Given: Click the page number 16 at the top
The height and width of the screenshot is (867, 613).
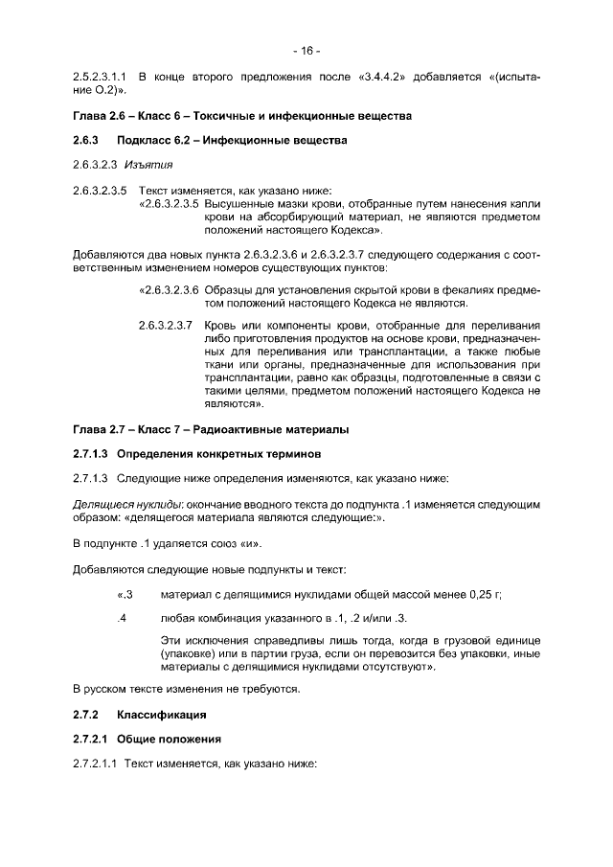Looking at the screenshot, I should point(307,50).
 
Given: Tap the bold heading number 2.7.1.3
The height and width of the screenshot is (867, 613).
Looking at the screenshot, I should point(92,452).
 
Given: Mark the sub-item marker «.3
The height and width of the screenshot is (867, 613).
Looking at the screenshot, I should point(123,595).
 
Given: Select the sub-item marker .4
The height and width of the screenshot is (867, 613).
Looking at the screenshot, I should point(123,618).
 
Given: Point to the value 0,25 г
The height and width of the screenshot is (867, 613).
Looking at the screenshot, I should point(485,595).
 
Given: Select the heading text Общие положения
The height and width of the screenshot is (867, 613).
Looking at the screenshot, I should point(170,740).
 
